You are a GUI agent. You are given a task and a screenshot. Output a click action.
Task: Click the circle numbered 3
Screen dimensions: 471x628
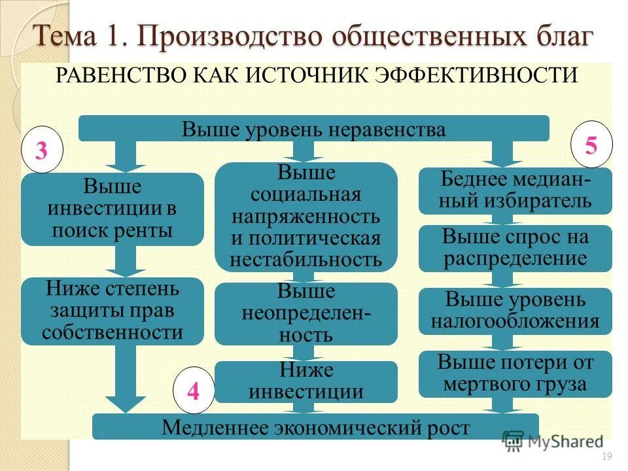click(x=41, y=152)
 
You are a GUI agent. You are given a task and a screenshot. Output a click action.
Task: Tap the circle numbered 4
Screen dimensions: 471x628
click(x=192, y=392)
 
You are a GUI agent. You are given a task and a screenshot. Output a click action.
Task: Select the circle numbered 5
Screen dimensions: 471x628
click(x=591, y=146)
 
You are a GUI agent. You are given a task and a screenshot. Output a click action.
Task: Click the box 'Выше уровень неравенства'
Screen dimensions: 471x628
click(x=313, y=129)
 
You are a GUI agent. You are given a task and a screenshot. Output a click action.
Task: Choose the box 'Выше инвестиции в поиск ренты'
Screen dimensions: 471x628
click(x=112, y=209)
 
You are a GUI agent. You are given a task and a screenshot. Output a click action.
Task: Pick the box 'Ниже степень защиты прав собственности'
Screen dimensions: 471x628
click(x=112, y=311)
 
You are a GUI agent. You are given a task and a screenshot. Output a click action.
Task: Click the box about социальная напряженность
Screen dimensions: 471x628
click(x=305, y=217)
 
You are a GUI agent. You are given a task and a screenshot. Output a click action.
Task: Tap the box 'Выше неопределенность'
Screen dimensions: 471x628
click(x=305, y=314)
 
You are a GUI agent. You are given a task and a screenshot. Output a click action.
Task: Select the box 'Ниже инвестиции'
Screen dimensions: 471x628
click(x=305, y=381)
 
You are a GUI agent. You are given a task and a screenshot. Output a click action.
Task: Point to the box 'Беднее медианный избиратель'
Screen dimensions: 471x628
click(x=515, y=190)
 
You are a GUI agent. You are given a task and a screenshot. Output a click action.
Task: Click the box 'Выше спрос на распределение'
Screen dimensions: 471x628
click(x=515, y=248)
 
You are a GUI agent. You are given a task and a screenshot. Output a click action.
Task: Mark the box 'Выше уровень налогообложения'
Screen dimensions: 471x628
click(x=515, y=311)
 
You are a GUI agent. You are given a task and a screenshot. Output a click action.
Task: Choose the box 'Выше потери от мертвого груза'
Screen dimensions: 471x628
click(x=515, y=374)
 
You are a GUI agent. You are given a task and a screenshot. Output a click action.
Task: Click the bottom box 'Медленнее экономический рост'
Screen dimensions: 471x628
click(x=315, y=427)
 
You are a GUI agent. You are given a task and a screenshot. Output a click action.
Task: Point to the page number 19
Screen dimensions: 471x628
click(x=605, y=457)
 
